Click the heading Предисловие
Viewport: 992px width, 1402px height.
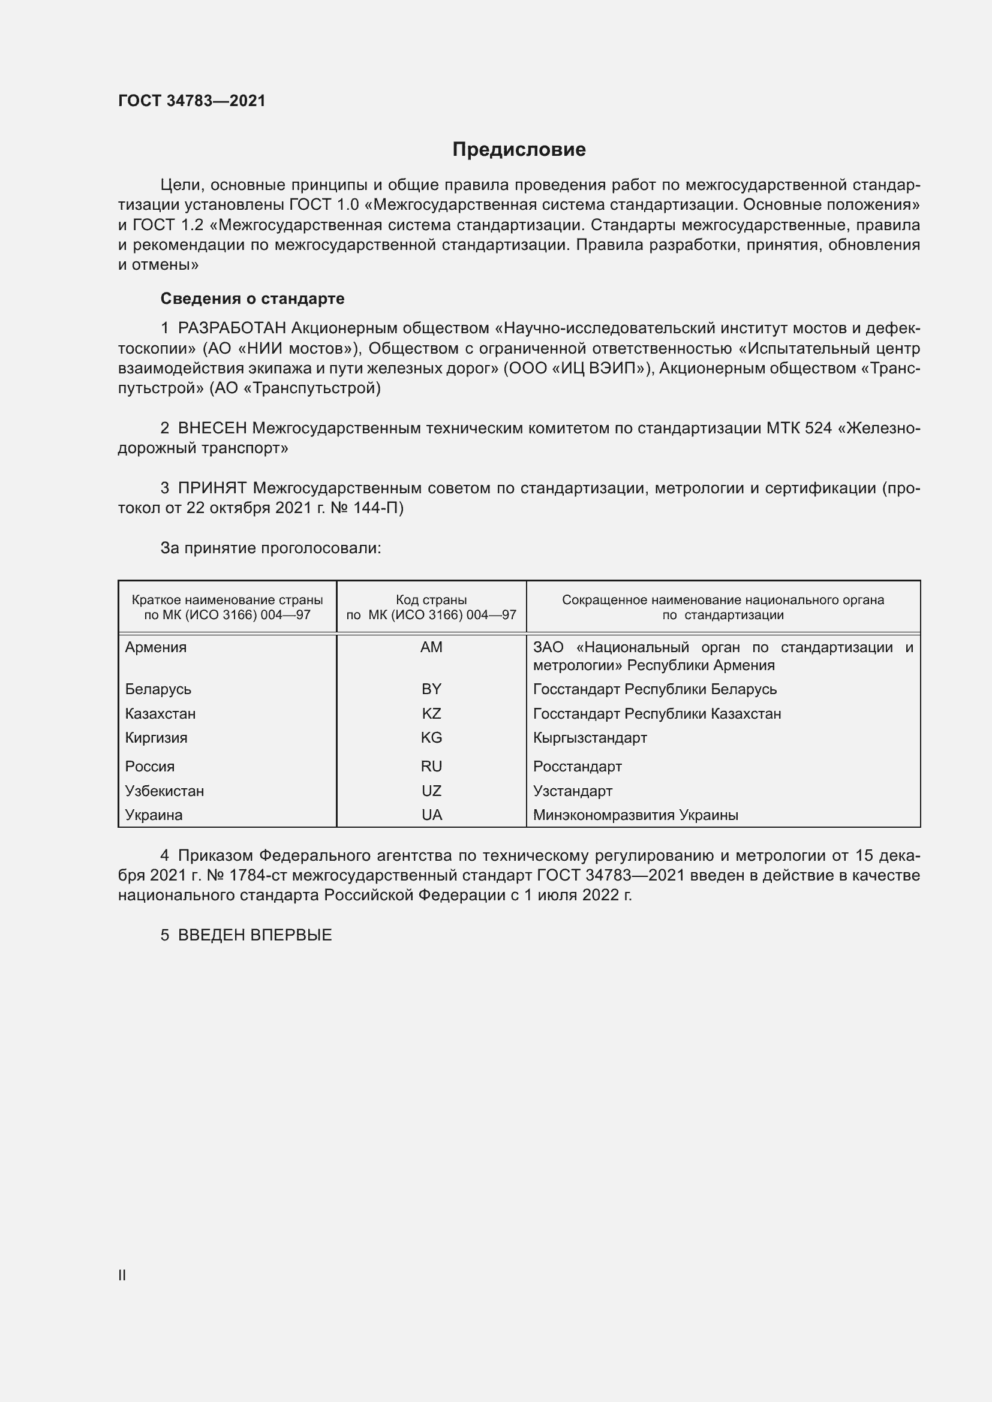coord(519,150)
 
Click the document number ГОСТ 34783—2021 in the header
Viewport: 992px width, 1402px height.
coord(192,101)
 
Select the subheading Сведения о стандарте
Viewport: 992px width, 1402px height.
coord(252,299)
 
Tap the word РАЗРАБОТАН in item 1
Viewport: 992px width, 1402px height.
coord(232,328)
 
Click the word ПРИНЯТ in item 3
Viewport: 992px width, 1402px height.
coord(212,488)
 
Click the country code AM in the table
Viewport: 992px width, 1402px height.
coord(431,647)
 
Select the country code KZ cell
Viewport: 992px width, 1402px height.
coord(431,714)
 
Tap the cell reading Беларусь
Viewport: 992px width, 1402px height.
coord(158,689)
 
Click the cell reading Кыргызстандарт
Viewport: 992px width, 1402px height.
coord(590,738)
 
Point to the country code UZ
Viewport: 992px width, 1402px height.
coord(431,791)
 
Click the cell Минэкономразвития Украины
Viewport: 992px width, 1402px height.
coord(635,815)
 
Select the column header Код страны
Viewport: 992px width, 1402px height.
coord(431,600)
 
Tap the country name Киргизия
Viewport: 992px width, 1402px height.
coord(157,738)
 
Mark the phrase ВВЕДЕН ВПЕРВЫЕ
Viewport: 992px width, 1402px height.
coord(255,935)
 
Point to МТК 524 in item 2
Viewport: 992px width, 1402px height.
coord(798,428)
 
